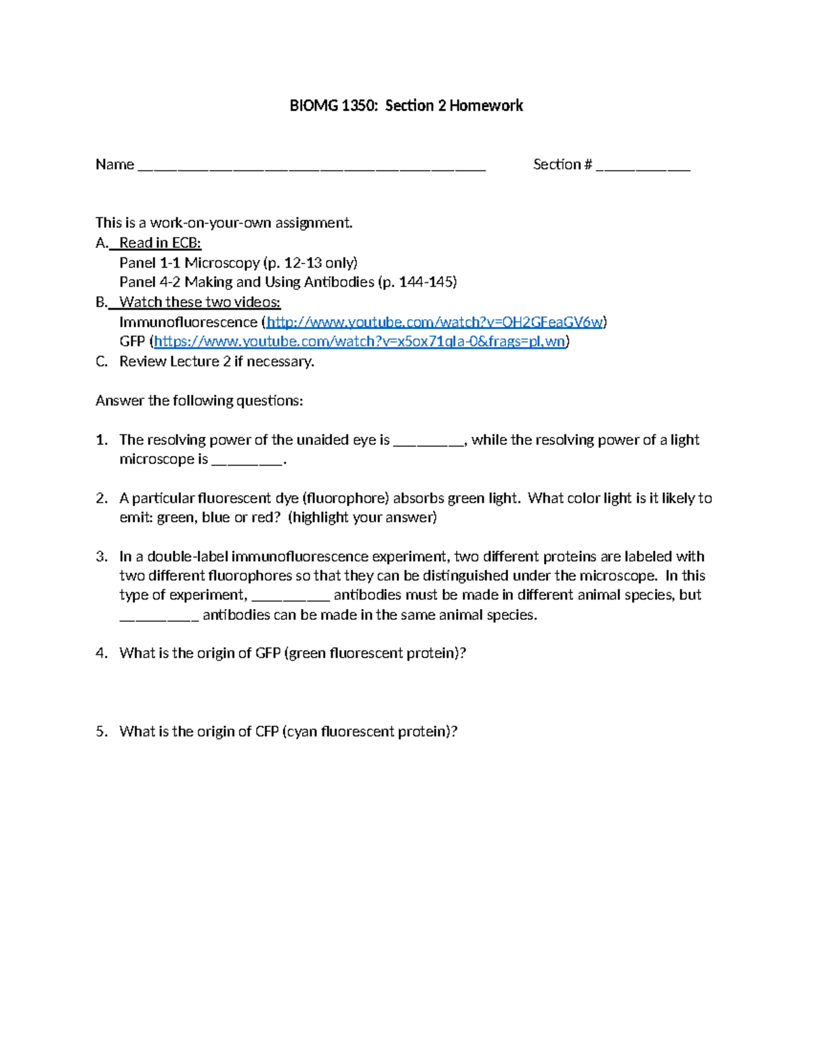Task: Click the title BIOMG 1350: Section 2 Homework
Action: point(406,106)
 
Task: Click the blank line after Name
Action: point(312,167)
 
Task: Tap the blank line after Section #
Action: point(643,167)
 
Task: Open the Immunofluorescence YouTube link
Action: point(434,322)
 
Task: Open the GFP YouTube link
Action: point(360,341)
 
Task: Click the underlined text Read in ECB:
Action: point(160,243)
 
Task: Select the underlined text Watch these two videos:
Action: point(199,302)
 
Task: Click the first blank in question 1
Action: point(429,442)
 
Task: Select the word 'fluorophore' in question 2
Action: point(346,499)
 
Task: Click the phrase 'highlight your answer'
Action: point(362,518)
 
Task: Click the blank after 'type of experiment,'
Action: point(291,597)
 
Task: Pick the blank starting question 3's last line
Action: point(159,617)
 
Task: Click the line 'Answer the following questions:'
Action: point(199,401)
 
